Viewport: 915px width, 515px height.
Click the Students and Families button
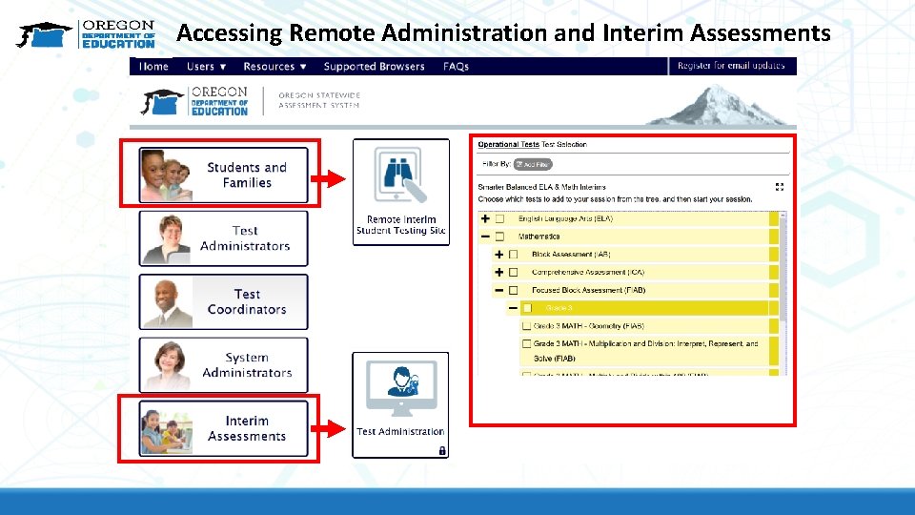[x=224, y=175]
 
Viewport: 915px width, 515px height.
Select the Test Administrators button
[x=224, y=237]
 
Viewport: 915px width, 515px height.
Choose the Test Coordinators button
[x=224, y=301]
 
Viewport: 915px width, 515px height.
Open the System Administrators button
[x=224, y=364]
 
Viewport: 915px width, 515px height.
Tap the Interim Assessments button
[x=224, y=428]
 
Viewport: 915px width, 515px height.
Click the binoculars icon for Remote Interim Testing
[x=400, y=175]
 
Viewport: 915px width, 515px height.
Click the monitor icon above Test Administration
[x=400, y=387]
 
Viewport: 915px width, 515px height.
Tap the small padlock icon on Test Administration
[x=442, y=450]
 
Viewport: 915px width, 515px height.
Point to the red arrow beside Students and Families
[x=330, y=177]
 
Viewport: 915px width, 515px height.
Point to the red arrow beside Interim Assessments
[x=330, y=429]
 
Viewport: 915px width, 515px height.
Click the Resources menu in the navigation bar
[x=274, y=67]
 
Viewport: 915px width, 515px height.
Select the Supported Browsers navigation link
[x=374, y=67]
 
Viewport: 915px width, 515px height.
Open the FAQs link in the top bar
[x=456, y=67]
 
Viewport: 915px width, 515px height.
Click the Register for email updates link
[x=731, y=66]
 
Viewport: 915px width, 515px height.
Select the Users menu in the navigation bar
[x=206, y=67]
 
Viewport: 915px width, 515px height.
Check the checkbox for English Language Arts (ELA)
[x=499, y=219]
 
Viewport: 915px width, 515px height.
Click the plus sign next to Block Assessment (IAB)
[x=498, y=255]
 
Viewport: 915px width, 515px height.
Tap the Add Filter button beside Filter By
[x=533, y=164]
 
